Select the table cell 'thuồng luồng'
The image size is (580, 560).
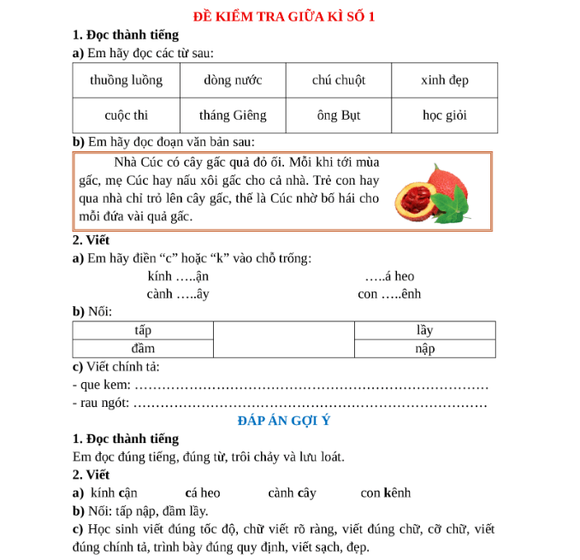point(125,80)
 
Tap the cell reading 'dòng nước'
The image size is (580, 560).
point(233,80)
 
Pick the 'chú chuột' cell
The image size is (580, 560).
point(339,80)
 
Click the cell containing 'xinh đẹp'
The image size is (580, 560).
point(445,80)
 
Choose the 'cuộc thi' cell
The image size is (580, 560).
point(126,115)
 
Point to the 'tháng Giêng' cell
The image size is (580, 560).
point(233,115)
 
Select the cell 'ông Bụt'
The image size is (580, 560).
point(339,115)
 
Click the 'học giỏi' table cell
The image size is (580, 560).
point(445,115)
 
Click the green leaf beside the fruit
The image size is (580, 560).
point(455,206)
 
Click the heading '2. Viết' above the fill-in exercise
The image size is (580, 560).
point(92,240)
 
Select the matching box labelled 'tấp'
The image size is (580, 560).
point(142,330)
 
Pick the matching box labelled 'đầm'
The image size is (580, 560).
point(142,348)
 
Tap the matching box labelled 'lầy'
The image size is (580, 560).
point(424,330)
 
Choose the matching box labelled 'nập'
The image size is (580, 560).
point(424,348)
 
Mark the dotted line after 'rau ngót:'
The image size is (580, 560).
point(312,404)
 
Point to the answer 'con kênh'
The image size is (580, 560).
point(385,493)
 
